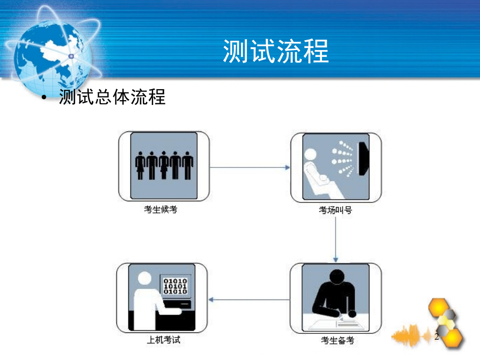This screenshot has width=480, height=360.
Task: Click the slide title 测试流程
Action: (x=275, y=51)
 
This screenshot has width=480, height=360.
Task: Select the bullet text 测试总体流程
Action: (x=112, y=97)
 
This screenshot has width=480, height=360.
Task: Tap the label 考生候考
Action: (x=163, y=210)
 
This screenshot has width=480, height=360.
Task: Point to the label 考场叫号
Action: (x=336, y=210)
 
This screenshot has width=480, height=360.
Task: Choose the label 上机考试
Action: (x=163, y=341)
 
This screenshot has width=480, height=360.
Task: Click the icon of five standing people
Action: (x=163, y=166)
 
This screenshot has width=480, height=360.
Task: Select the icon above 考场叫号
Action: (x=336, y=166)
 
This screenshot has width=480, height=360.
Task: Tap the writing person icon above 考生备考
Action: (x=336, y=298)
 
